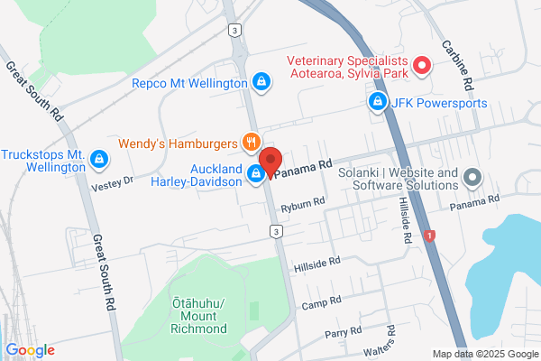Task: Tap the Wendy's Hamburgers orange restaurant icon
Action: pos(252,142)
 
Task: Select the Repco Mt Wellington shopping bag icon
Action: pos(261,82)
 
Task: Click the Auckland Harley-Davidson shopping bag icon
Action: pos(256,176)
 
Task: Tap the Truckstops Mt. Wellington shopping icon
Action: pos(98,162)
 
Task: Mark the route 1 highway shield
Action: pos(430,236)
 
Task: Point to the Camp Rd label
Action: pos(323,301)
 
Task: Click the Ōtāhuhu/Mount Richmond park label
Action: pos(198,315)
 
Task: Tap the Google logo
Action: pos(30,350)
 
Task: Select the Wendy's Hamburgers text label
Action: pos(177,143)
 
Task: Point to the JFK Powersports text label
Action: pos(439,103)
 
